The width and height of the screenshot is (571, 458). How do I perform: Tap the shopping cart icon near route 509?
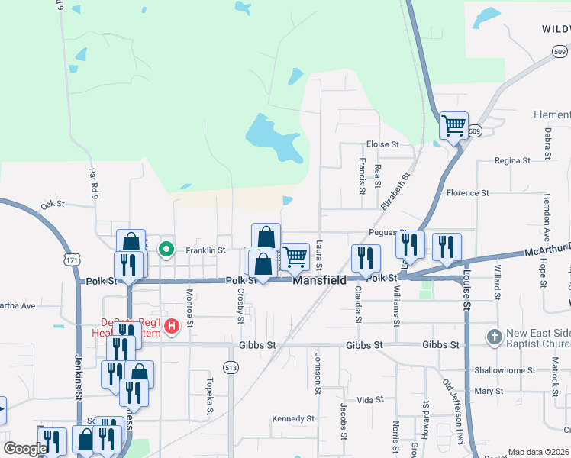click(x=453, y=125)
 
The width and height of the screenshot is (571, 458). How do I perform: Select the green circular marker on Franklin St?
click(x=165, y=249)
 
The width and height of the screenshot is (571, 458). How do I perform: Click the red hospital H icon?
click(x=172, y=326)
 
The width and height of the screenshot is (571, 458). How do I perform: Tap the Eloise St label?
click(x=382, y=144)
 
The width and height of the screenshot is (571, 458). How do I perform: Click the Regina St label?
click(x=512, y=161)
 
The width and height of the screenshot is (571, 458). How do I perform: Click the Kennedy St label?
click(x=294, y=418)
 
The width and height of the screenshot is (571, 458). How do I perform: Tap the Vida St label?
click(x=369, y=400)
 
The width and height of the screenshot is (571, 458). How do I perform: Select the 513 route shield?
click(x=230, y=368)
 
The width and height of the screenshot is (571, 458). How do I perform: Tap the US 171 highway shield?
click(x=73, y=260)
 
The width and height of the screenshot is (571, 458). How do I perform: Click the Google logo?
click(x=25, y=449)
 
